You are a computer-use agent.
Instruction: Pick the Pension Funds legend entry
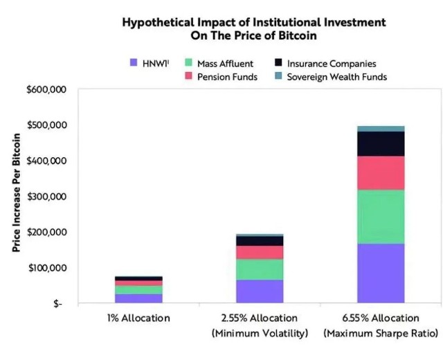[226, 77]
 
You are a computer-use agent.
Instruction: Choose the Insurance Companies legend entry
[332, 64]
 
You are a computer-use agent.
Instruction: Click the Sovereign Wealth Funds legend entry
[337, 77]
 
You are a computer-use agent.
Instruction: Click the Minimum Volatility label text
[260, 334]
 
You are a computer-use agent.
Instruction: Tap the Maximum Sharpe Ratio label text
[381, 334]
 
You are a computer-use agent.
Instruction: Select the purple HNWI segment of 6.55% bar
[381, 273]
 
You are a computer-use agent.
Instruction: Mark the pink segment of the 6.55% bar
[381, 173]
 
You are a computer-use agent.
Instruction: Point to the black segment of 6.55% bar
[381, 143]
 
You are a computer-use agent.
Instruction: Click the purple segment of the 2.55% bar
[260, 291]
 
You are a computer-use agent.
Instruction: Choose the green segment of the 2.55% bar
[260, 269]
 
